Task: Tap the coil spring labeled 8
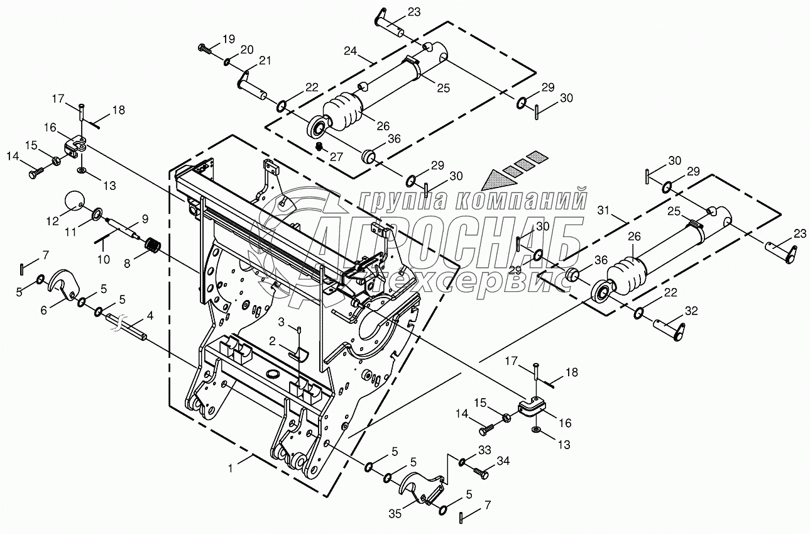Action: [154, 245]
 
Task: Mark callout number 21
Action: [265, 60]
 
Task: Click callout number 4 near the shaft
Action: [150, 314]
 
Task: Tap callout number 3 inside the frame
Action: [282, 322]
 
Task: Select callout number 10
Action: [103, 259]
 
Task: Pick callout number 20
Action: [246, 50]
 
